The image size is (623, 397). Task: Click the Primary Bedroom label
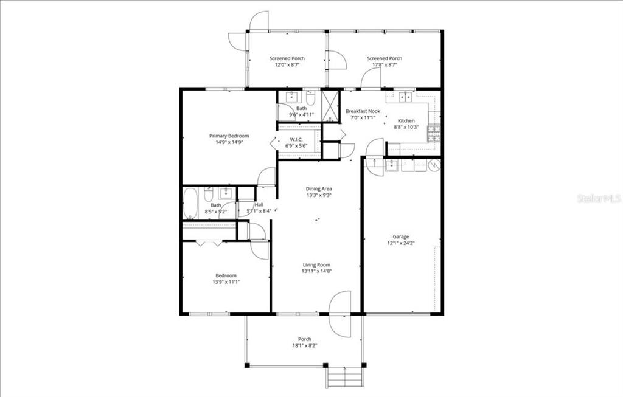click(x=229, y=136)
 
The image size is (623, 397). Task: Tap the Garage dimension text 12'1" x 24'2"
click(x=400, y=243)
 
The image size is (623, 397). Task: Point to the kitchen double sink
click(x=405, y=96)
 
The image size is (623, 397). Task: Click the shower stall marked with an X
click(x=330, y=106)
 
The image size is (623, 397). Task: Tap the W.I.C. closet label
click(x=296, y=140)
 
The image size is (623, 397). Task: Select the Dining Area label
click(x=318, y=188)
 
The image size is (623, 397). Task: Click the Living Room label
click(x=317, y=264)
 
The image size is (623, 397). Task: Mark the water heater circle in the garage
click(x=434, y=164)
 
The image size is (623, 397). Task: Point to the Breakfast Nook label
click(x=363, y=111)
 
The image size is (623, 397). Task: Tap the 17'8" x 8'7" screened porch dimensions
click(x=384, y=65)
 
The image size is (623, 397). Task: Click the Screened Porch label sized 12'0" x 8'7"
click(x=287, y=58)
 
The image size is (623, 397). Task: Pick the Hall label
click(x=259, y=205)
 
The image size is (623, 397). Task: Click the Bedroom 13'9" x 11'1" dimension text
click(x=226, y=281)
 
